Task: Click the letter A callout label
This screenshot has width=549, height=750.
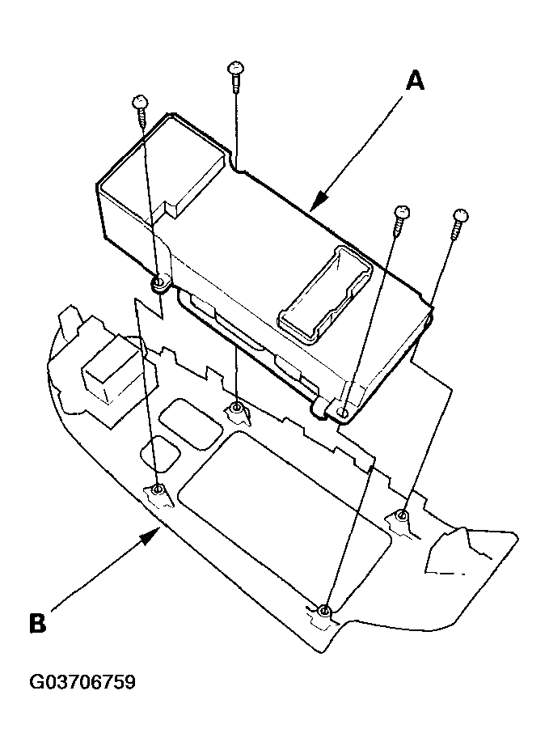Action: (414, 81)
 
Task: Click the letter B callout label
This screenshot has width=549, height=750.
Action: (37, 622)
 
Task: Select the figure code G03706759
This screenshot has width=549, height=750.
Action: (82, 682)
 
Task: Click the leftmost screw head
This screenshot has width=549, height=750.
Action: (138, 103)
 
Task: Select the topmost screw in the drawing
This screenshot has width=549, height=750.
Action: (234, 67)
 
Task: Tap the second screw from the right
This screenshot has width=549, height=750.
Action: (402, 214)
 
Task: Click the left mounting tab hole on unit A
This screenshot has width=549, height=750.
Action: (160, 283)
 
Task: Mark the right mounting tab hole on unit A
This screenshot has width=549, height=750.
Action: (343, 413)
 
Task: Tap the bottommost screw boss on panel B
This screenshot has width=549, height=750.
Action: (323, 609)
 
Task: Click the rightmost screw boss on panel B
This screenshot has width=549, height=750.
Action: (400, 515)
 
